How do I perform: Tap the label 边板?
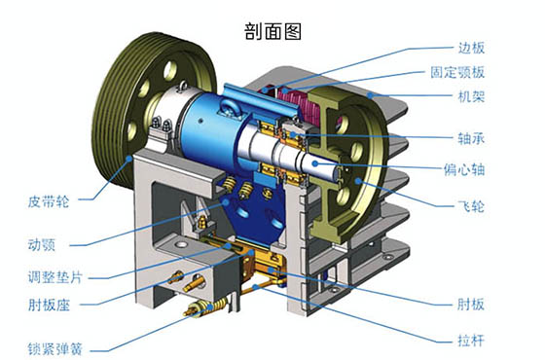pos(471,48)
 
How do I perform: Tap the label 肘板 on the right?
pos(471,302)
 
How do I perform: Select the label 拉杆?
pos(471,339)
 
